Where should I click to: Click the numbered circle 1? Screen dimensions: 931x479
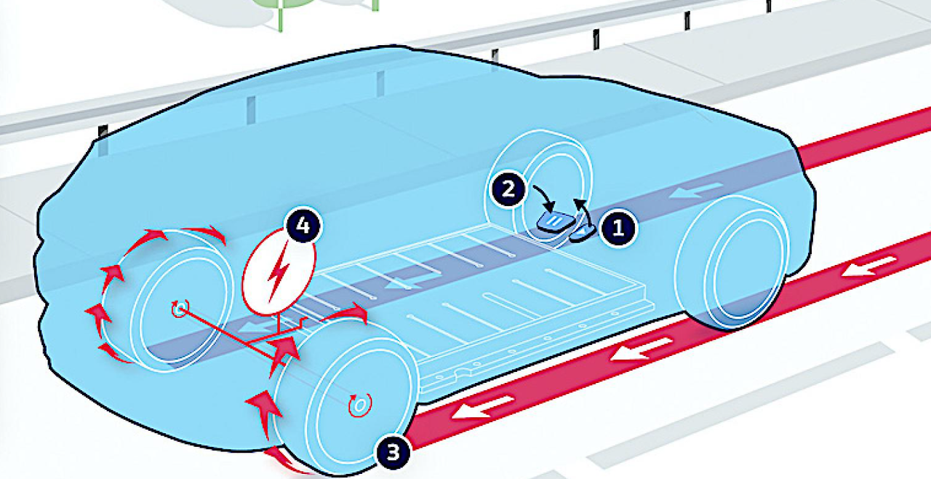click(618, 228)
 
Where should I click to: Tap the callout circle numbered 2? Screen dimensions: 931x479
click(509, 190)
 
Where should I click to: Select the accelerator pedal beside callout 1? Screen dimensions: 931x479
click(585, 231)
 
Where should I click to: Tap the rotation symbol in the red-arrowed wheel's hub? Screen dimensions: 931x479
click(179, 309)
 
